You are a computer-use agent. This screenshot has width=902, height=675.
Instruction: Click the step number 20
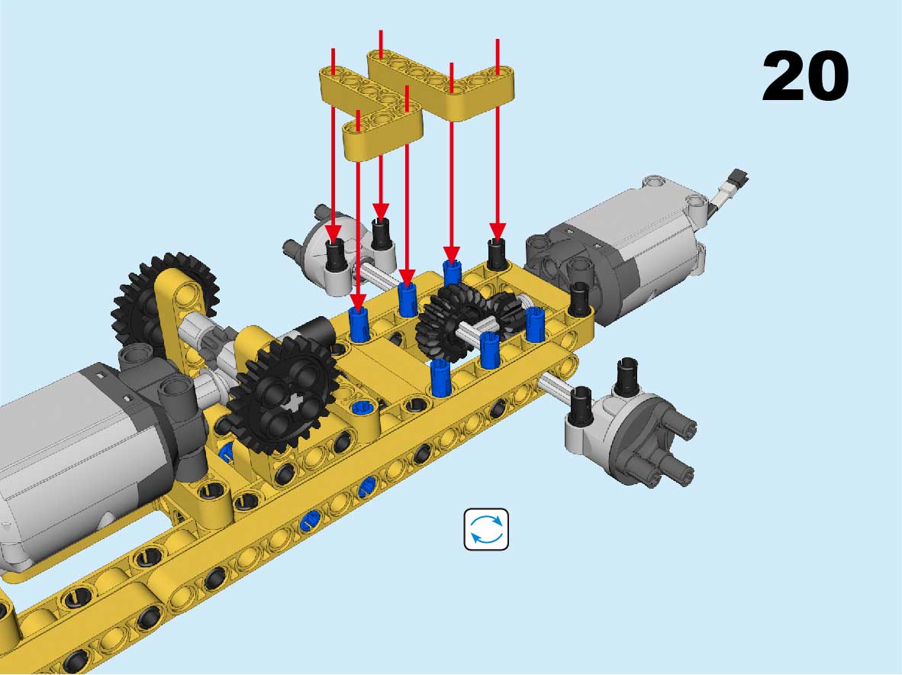point(805,76)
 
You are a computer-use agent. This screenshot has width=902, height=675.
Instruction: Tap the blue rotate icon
point(486,529)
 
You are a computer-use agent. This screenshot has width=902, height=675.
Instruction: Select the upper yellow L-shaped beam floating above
point(441,83)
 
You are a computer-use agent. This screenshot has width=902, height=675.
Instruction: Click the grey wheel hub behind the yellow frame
point(340,247)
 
